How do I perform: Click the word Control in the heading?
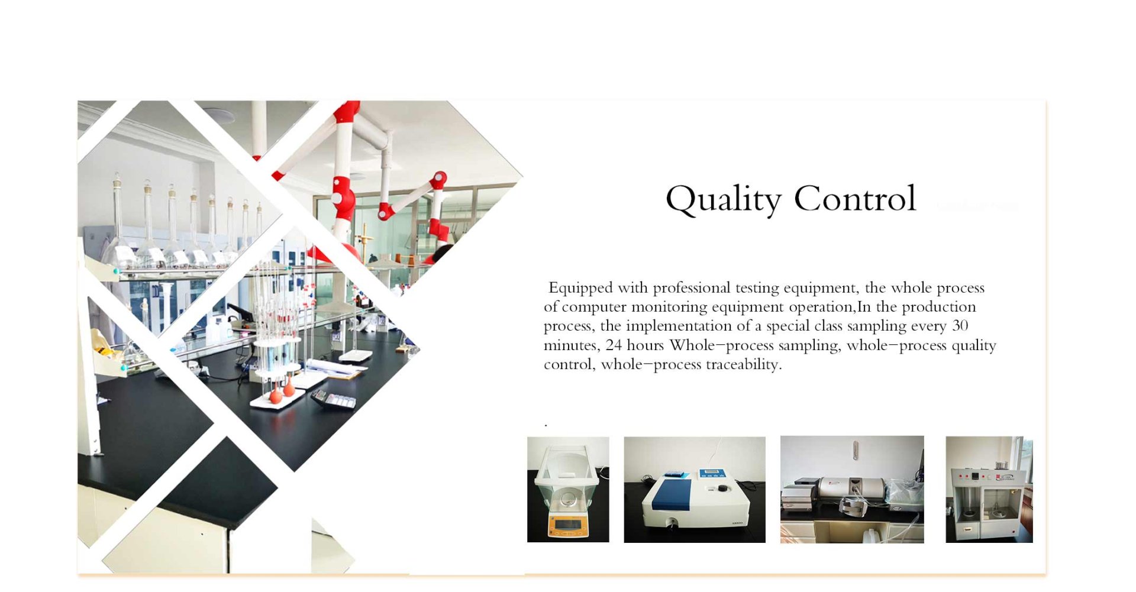855,198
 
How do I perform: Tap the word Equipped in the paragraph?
580,288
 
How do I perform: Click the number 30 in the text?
960,325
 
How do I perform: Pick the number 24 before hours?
614,345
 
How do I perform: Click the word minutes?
572,345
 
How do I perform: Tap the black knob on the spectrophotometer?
722,488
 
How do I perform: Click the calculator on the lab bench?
334,400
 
